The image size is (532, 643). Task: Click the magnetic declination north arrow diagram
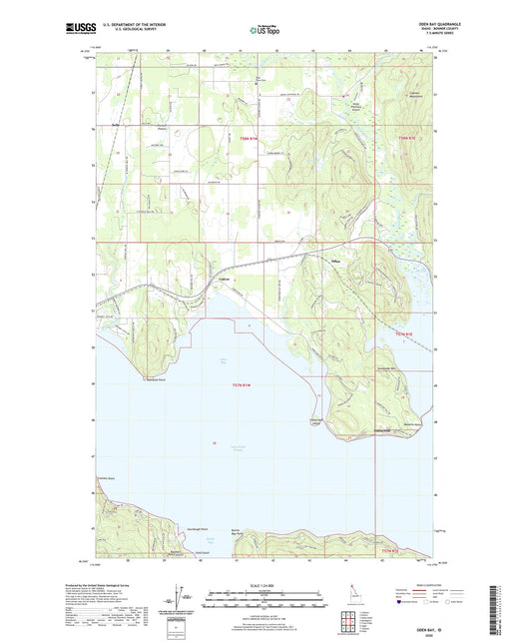pyautogui.click(x=180, y=594)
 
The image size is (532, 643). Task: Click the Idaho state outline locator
pyautogui.click(x=348, y=596)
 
